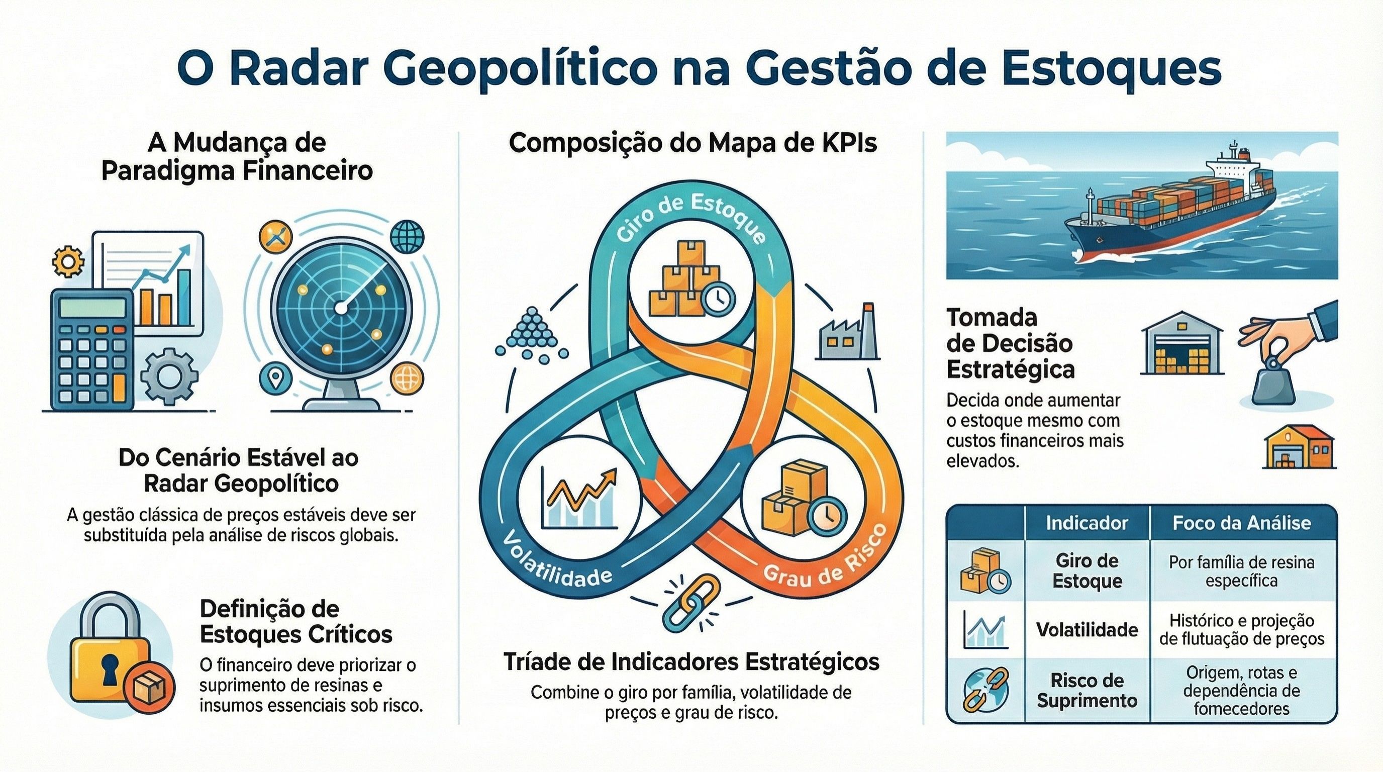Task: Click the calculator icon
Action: (x=92, y=349)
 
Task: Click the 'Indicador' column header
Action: (x=1086, y=523)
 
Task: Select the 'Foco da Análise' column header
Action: (x=1241, y=523)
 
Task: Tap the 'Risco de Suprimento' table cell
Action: (x=1086, y=691)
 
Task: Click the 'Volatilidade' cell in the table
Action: (x=1086, y=630)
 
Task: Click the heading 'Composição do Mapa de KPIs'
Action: (x=693, y=144)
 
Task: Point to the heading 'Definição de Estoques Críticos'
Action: (x=296, y=621)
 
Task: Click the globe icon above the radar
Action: (x=408, y=236)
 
